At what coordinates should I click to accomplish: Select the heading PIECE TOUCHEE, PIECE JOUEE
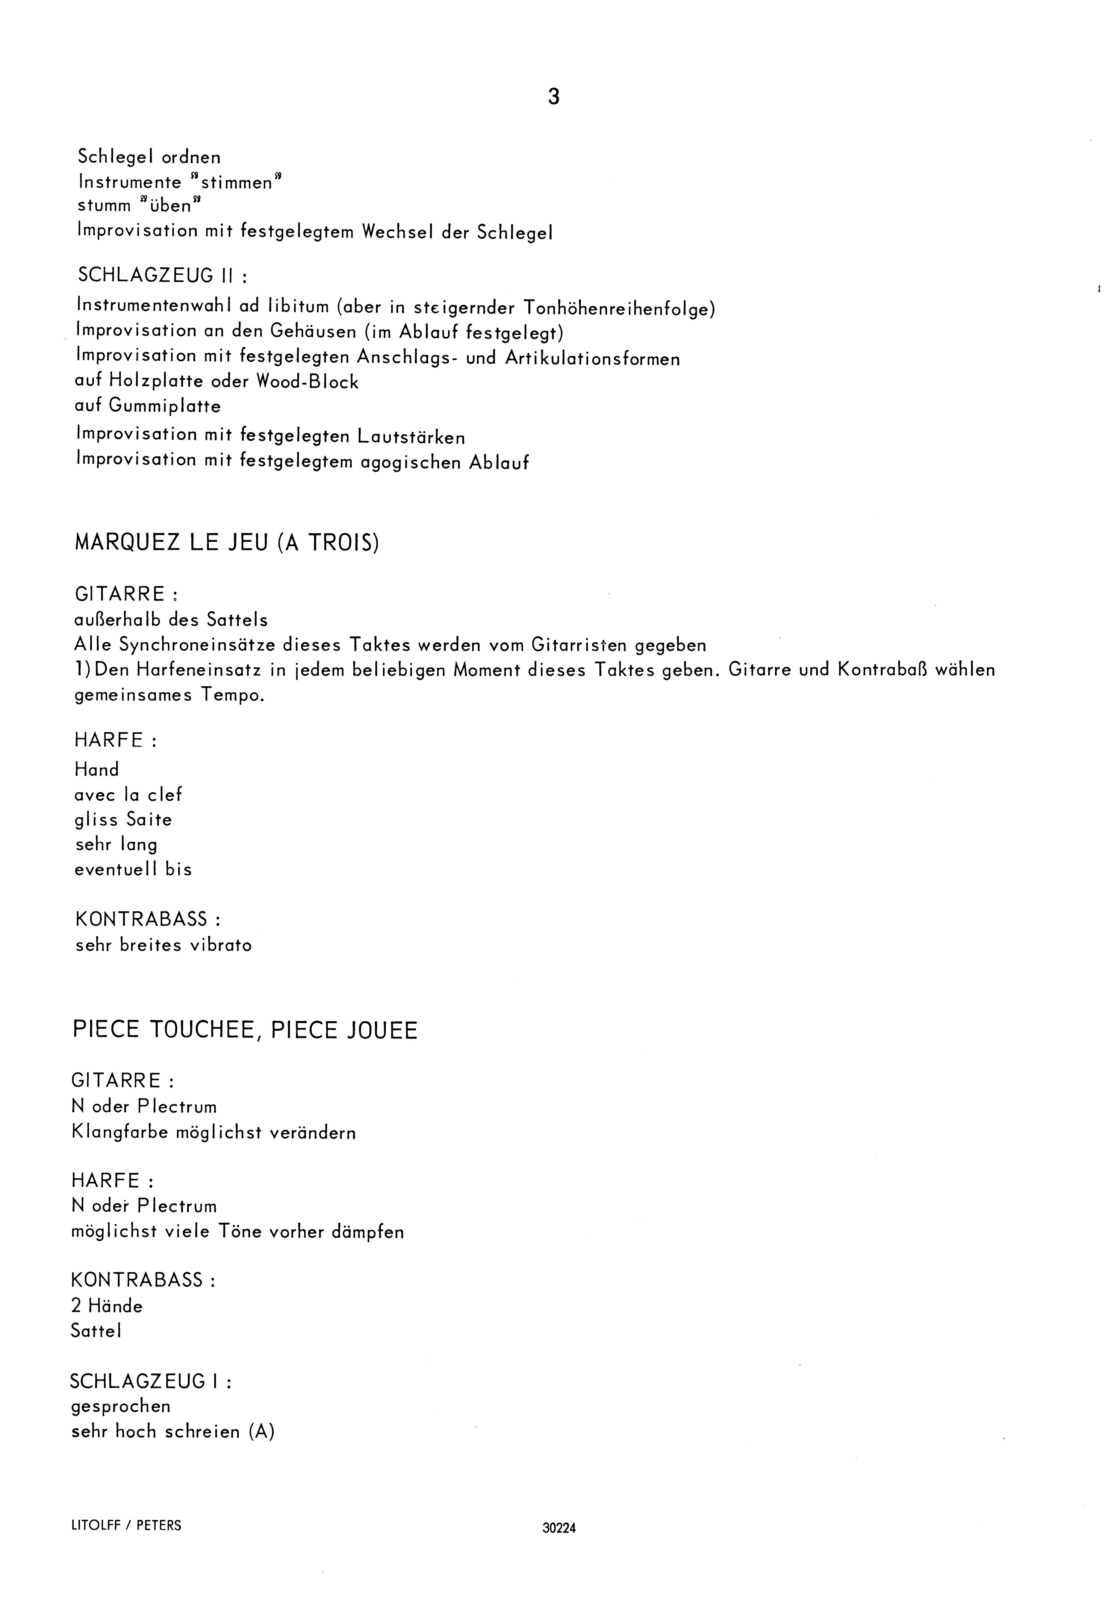pos(245,1030)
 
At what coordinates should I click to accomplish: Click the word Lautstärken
pos(411,437)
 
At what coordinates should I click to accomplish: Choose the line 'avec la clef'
pos(128,794)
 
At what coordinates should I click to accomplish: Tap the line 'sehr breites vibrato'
pos(164,945)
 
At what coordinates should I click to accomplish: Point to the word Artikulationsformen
pos(593,358)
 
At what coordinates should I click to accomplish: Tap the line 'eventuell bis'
pos(133,869)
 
